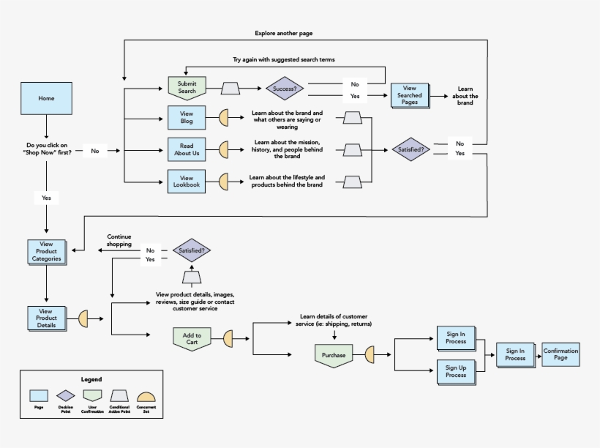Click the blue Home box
(x=46, y=98)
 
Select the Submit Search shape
(x=187, y=88)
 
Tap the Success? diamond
(x=285, y=89)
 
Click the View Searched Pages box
(x=409, y=96)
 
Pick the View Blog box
(x=186, y=118)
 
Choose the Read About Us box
(x=186, y=149)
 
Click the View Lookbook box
(x=186, y=182)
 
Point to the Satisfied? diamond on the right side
(x=411, y=149)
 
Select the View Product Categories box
(x=46, y=251)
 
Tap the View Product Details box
(x=46, y=318)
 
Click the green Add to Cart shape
(x=192, y=338)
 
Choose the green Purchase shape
(x=334, y=355)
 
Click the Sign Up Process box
(x=455, y=370)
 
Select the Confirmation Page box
(x=560, y=354)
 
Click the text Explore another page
(x=284, y=33)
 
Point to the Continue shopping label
(x=119, y=240)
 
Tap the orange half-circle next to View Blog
(x=225, y=118)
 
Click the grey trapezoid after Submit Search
(x=231, y=89)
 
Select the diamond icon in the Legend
(x=66, y=395)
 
